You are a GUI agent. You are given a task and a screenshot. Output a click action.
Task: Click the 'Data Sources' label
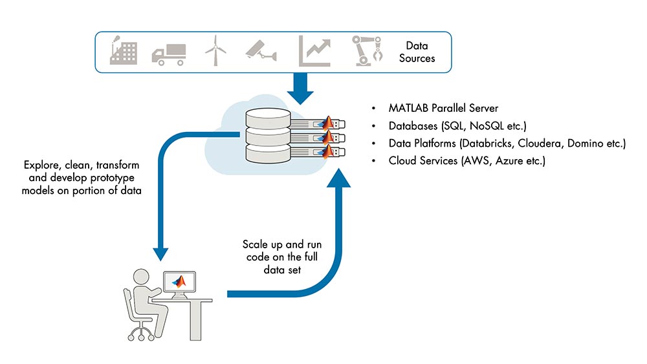point(417,52)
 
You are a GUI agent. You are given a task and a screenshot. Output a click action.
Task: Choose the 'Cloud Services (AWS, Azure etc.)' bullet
point(466,160)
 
